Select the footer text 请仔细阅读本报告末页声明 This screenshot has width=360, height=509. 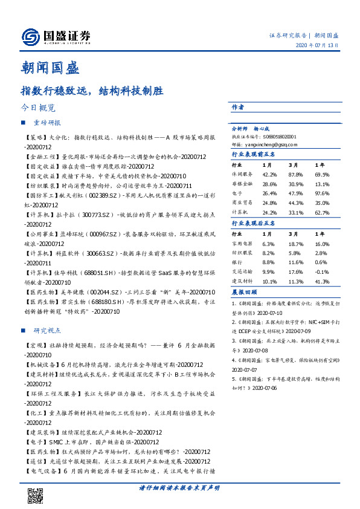click(x=179, y=487)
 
